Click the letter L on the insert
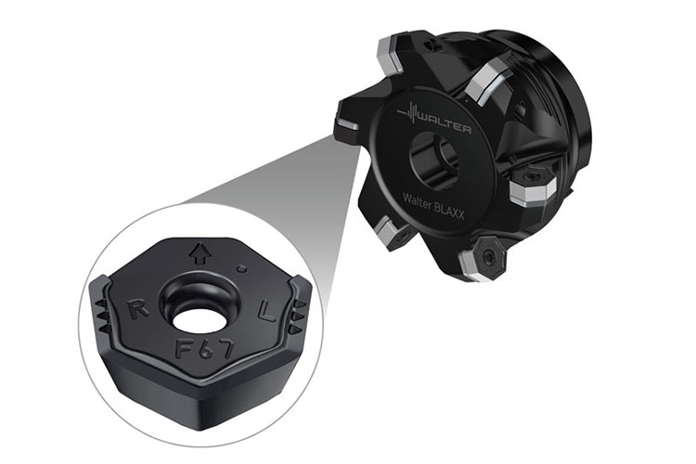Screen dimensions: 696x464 (267, 311)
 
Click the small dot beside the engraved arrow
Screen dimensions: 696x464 (242, 268)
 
